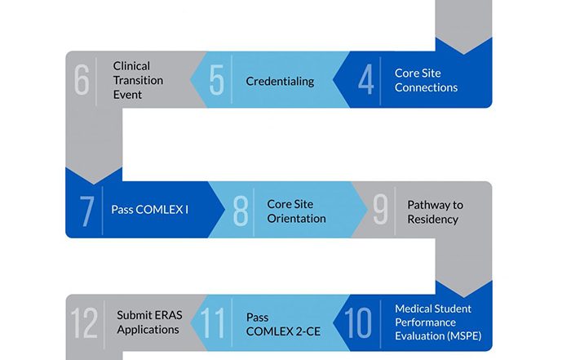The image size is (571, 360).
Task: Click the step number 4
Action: pos(366,80)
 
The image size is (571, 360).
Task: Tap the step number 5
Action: pos(216,80)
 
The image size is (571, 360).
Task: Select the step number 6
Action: pos(82,80)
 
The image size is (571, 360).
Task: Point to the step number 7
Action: pos(86,210)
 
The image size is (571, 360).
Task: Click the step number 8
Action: pos(240,210)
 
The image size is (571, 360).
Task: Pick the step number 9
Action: pos(380,210)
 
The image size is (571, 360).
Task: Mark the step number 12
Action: pos(86,322)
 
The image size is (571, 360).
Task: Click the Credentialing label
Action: pos(280,81)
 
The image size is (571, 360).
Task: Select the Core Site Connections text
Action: pos(426,80)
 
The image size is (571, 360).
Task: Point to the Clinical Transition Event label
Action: pos(139,80)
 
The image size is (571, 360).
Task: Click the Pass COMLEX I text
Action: pos(149,210)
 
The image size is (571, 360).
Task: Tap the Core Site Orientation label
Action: pos(296,211)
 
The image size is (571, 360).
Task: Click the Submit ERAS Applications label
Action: pos(148,322)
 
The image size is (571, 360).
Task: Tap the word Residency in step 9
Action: pos(432,219)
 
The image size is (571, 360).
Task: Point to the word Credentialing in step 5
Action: pos(280,81)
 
